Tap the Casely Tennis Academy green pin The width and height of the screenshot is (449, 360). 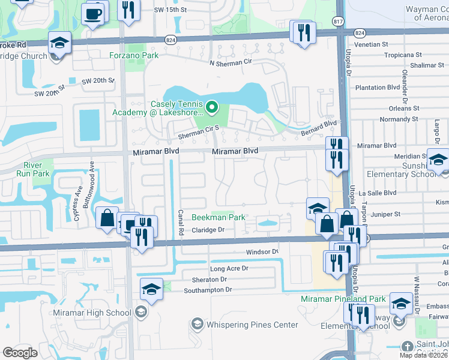(211, 108)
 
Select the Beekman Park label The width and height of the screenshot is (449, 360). (218, 217)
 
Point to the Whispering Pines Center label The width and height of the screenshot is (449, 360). (252, 325)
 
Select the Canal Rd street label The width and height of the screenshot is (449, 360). (180, 223)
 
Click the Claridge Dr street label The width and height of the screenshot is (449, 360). (208, 230)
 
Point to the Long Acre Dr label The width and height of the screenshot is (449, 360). (229, 269)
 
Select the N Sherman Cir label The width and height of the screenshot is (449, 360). (231, 62)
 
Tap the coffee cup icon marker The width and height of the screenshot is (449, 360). (93, 13)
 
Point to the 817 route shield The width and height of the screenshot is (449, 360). (339, 20)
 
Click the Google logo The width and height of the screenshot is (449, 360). (20, 353)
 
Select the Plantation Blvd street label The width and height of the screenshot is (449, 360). (378, 87)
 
